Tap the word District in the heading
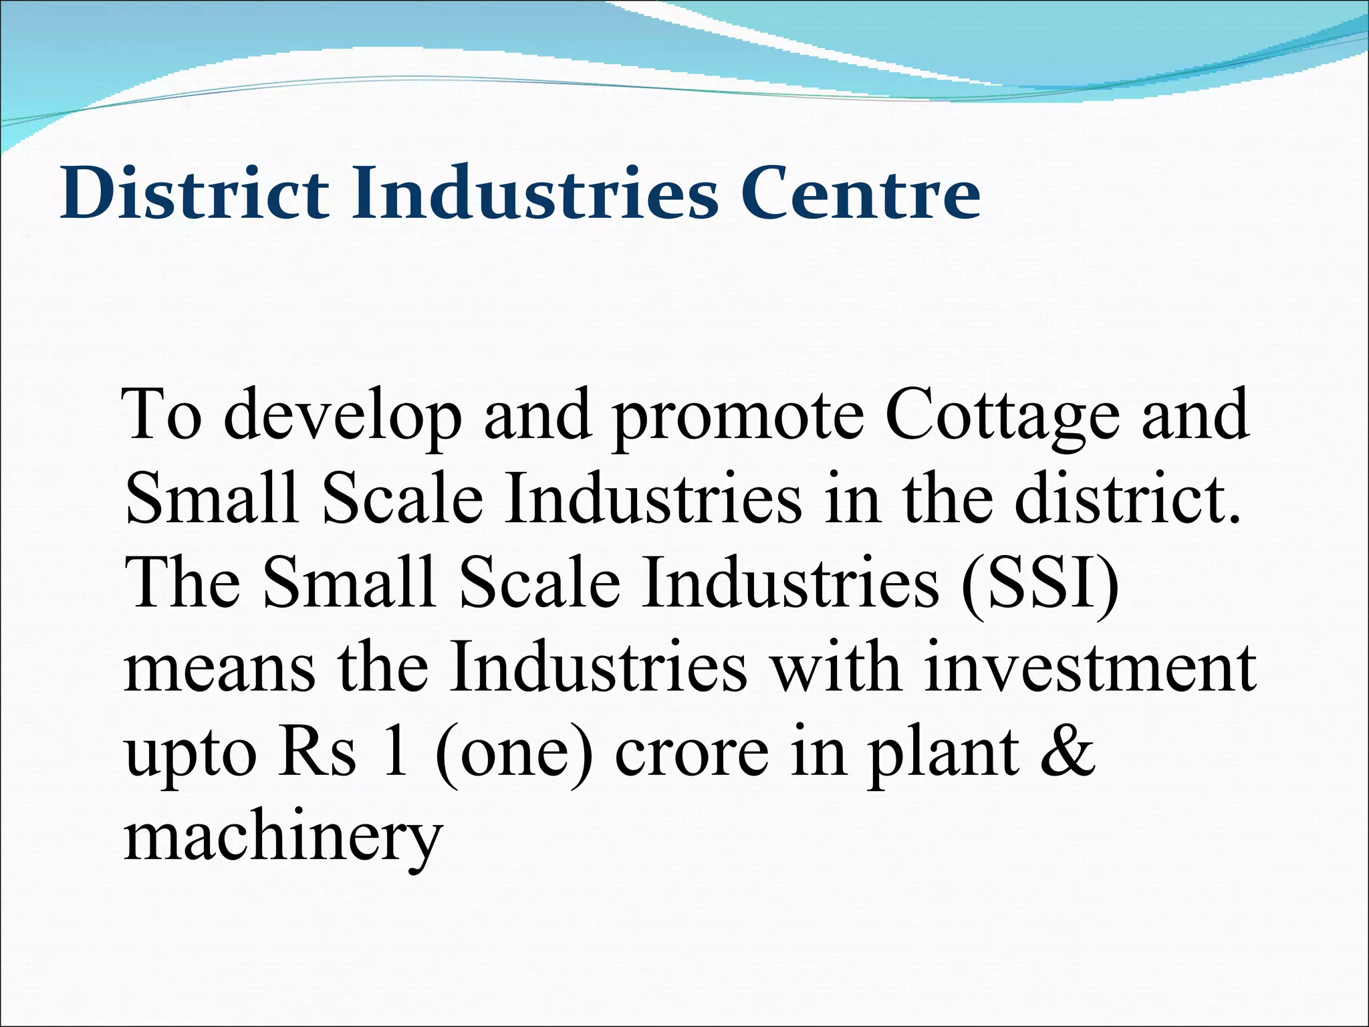click(195, 194)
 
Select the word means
click(219, 671)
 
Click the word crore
click(691, 754)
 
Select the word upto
click(191, 754)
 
